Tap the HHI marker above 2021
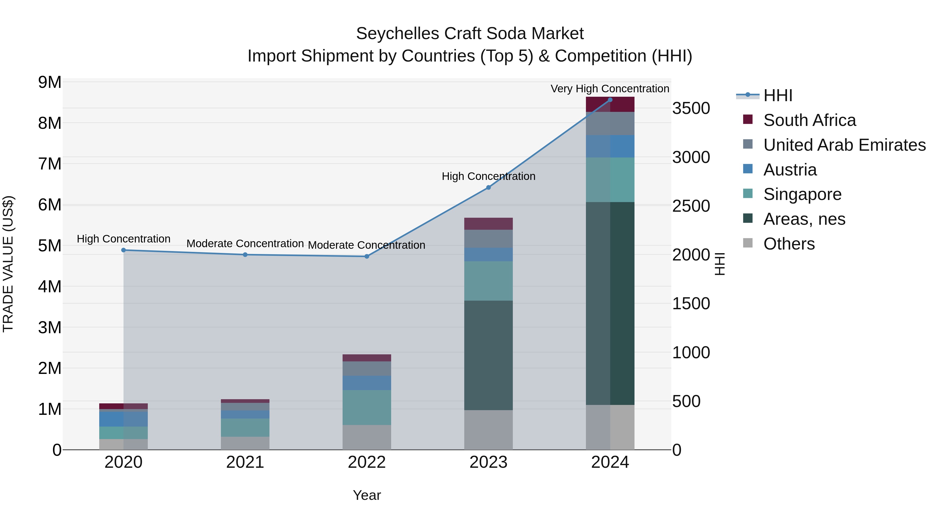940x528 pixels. [245, 255]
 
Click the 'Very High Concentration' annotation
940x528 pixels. [610, 89]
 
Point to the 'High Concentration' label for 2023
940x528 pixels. [488, 176]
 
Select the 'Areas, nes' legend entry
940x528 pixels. [804, 219]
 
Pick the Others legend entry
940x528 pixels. [789, 244]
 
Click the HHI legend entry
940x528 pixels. [777, 95]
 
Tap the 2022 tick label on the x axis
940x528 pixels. [367, 462]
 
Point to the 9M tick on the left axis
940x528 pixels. [50, 82]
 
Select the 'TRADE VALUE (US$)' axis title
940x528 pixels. [8, 264]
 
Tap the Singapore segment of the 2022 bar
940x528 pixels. [367, 407]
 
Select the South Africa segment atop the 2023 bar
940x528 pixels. [488, 224]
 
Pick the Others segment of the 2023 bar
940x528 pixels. [488, 430]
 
